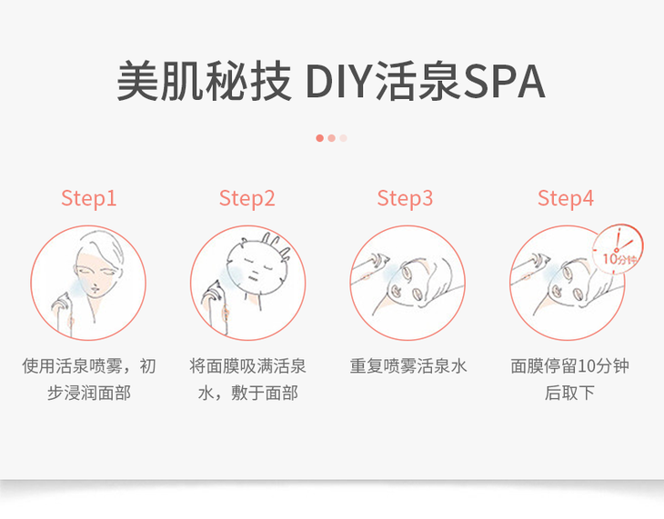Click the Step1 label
point(89,198)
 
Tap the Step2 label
point(246,198)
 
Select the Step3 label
point(406,198)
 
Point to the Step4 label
point(566,198)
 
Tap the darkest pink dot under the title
point(319,138)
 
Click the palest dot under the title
point(344,138)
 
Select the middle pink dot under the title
point(332,138)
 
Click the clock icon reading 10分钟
point(618,247)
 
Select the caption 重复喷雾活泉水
point(408,365)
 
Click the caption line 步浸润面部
point(89,393)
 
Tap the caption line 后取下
point(569,393)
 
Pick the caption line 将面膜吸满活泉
point(247,365)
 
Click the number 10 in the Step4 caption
point(587,366)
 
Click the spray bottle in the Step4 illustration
point(528,266)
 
